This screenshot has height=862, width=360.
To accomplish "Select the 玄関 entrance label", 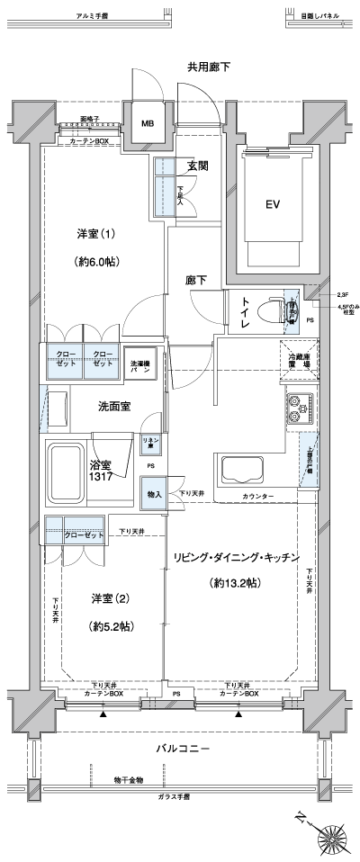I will [198, 166].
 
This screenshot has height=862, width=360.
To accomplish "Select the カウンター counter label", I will [259, 496].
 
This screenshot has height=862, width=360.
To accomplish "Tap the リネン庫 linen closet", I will [152, 441].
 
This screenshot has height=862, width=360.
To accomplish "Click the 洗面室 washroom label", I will [114, 406].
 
